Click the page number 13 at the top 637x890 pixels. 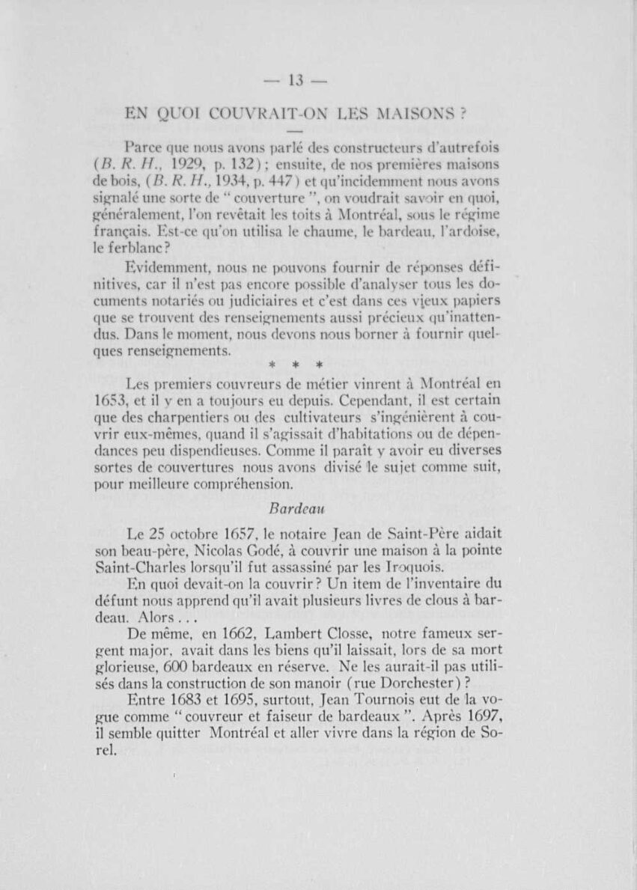pos(298,81)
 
